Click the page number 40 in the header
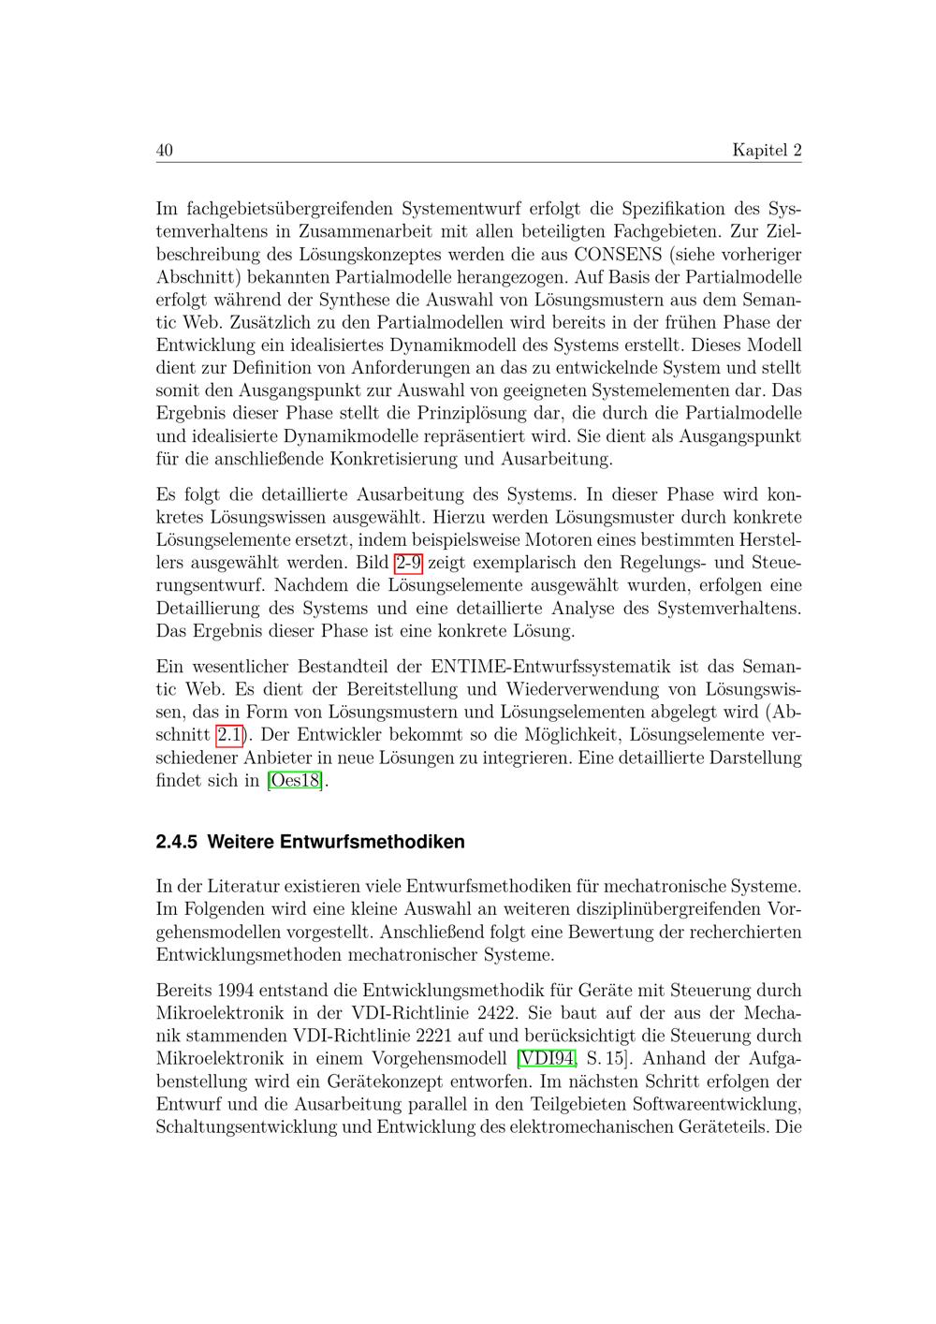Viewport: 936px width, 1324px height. pyautogui.click(x=165, y=151)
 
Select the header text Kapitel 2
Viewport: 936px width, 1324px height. pyautogui.click(x=767, y=151)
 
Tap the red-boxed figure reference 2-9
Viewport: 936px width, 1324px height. pyautogui.click(x=409, y=564)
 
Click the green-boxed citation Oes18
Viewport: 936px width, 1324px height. pyautogui.click(x=295, y=781)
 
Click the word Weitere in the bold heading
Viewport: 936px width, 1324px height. pyautogui.click(x=238, y=842)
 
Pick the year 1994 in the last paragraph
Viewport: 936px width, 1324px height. pyautogui.click(x=235, y=991)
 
